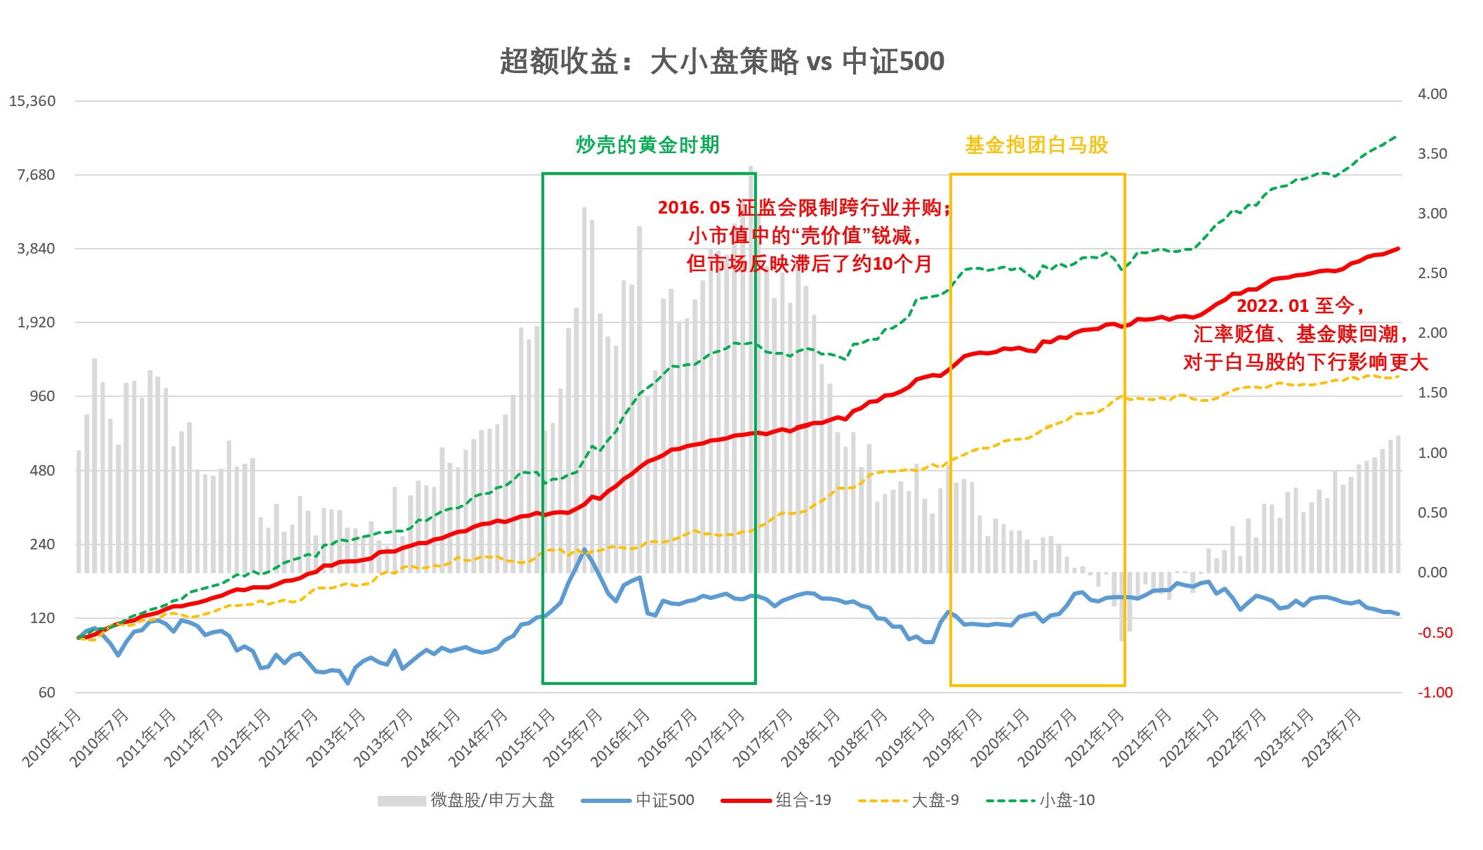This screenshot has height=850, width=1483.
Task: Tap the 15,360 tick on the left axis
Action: [x=32, y=101]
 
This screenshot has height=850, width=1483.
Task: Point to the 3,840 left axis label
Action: [x=36, y=249]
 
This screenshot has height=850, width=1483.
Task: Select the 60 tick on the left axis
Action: [x=46, y=693]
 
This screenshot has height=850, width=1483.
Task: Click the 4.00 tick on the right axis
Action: [x=1432, y=94]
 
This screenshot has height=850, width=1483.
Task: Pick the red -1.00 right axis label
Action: [x=1435, y=693]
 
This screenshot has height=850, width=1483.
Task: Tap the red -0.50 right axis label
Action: [x=1435, y=633]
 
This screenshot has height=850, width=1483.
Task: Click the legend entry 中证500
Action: [x=664, y=800]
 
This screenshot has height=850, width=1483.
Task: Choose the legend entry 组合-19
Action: [x=803, y=800]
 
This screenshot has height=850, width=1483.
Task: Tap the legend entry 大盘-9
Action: [x=935, y=800]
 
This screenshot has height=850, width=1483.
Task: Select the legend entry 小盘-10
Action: [x=1067, y=800]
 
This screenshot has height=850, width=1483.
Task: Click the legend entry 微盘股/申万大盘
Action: [x=492, y=800]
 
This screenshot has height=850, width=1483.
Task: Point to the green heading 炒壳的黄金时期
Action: [x=647, y=145]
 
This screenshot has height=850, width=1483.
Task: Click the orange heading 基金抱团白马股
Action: [x=1036, y=145]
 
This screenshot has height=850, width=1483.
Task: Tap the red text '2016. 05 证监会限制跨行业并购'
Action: [x=803, y=208]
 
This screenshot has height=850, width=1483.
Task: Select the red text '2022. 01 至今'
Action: [x=1300, y=306]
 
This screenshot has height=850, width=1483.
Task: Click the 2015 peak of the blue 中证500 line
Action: [x=584, y=550]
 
